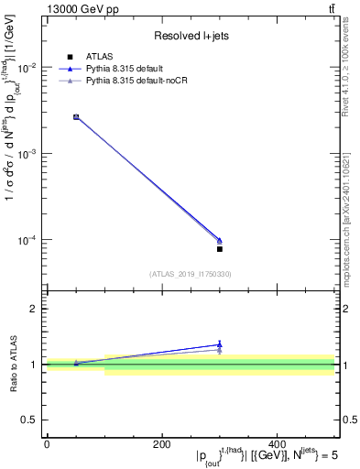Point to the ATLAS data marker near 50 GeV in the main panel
click(x=76, y=117)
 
